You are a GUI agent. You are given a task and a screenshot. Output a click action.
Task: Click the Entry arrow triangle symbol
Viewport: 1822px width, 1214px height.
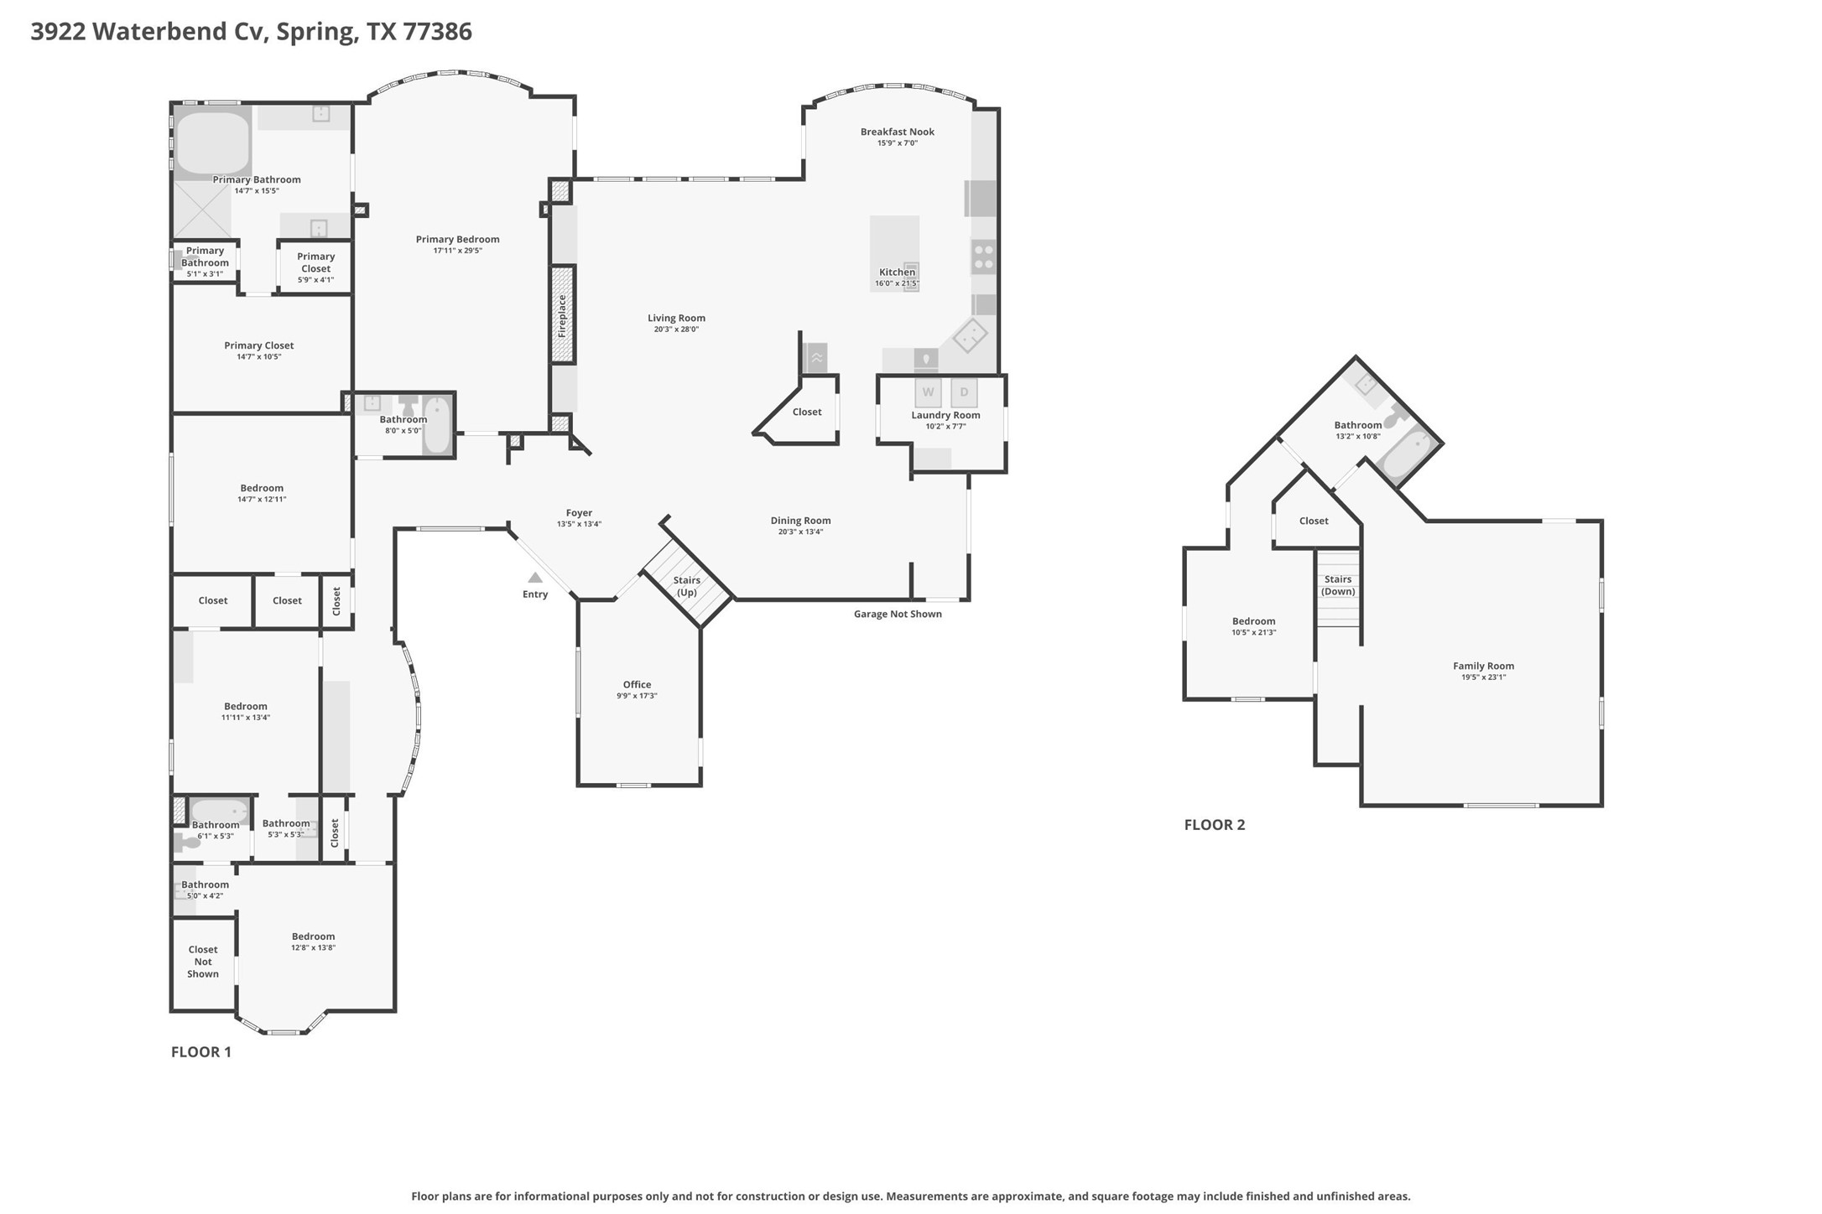point(534,578)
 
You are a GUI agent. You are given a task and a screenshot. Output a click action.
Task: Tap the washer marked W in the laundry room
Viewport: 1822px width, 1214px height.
point(928,392)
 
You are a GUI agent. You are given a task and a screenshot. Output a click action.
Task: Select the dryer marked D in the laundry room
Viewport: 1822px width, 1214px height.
point(964,392)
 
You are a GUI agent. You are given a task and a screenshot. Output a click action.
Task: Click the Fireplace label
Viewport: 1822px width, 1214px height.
point(562,315)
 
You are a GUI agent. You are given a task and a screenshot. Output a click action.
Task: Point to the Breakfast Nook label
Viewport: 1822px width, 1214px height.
point(897,132)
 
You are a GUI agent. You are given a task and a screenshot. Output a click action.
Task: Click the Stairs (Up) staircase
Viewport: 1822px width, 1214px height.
point(687,584)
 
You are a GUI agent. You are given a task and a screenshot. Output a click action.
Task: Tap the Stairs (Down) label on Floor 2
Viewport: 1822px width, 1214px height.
point(1337,585)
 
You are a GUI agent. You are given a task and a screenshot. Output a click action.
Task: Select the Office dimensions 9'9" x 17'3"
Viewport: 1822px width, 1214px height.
point(637,696)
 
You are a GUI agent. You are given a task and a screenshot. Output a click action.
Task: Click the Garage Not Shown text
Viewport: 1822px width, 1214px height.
point(898,614)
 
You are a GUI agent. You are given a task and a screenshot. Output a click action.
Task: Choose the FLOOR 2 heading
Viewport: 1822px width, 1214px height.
point(1214,825)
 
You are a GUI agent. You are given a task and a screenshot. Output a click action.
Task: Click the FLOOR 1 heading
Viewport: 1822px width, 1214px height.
point(200,1052)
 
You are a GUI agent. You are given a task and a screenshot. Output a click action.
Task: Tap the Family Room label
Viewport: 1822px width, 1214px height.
point(1483,666)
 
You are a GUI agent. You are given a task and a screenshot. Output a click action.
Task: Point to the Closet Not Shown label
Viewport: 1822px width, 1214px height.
point(203,962)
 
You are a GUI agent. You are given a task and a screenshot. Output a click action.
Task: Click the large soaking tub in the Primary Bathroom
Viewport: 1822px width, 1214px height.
point(212,143)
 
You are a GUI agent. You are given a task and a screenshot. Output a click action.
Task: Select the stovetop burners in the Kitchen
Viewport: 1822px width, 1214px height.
point(983,257)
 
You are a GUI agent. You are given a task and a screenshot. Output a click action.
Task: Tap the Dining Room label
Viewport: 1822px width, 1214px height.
point(800,521)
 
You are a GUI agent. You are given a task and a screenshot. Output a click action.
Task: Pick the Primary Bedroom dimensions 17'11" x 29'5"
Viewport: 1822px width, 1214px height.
point(457,251)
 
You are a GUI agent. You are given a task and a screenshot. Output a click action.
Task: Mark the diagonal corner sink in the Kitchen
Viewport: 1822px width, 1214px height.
point(970,335)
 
